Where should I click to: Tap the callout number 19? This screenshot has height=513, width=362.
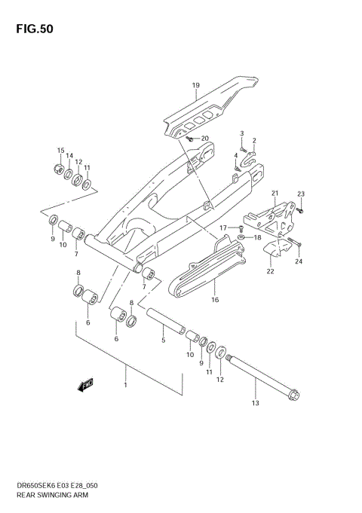[x=195, y=85]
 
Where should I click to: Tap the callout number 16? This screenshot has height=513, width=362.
[x=214, y=300]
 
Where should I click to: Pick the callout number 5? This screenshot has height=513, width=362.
[x=162, y=340]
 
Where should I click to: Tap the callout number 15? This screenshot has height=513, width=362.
[x=60, y=150]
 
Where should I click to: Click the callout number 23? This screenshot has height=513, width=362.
[x=300, y=194]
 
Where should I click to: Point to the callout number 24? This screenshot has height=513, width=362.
[x=299, y=262]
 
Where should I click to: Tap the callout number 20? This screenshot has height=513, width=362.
[x=204, y=139]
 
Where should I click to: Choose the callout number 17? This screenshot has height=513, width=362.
[x=223, y=227]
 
